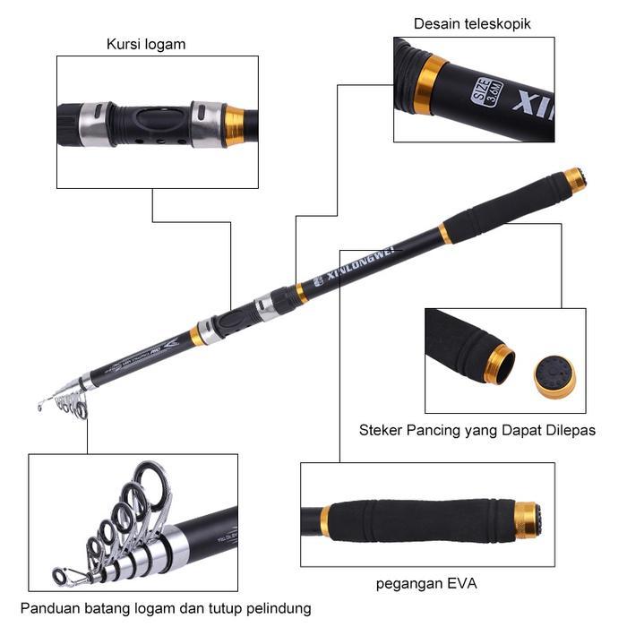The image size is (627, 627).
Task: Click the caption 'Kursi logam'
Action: coord(146,44)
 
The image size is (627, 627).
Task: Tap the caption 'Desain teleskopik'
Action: coord(472,24)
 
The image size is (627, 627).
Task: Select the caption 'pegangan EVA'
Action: coord(426,584)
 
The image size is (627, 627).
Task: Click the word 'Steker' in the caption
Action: coord(380,431)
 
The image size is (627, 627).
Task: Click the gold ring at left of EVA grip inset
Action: coord(325,520)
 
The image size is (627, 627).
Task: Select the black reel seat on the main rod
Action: coord(235,319)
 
